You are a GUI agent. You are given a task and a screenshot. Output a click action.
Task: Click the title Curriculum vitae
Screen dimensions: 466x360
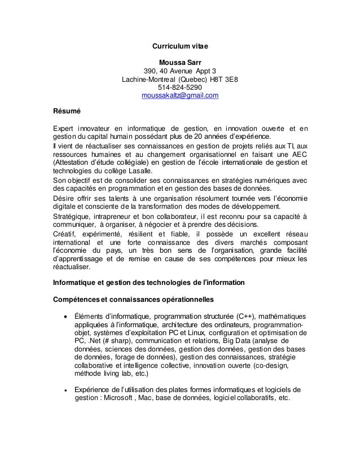(180, 45)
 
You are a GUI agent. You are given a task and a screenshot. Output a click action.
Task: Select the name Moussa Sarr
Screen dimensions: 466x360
(180, 62)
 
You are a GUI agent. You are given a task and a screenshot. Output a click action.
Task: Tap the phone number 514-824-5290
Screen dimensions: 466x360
(180, 88)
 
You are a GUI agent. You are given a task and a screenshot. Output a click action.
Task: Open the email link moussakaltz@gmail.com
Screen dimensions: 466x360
(180, 96)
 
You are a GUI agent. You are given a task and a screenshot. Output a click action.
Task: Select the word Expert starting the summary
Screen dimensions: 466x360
(63, 130)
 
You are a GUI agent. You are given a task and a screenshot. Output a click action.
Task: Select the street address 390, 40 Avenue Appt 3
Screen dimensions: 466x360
(180, 71)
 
